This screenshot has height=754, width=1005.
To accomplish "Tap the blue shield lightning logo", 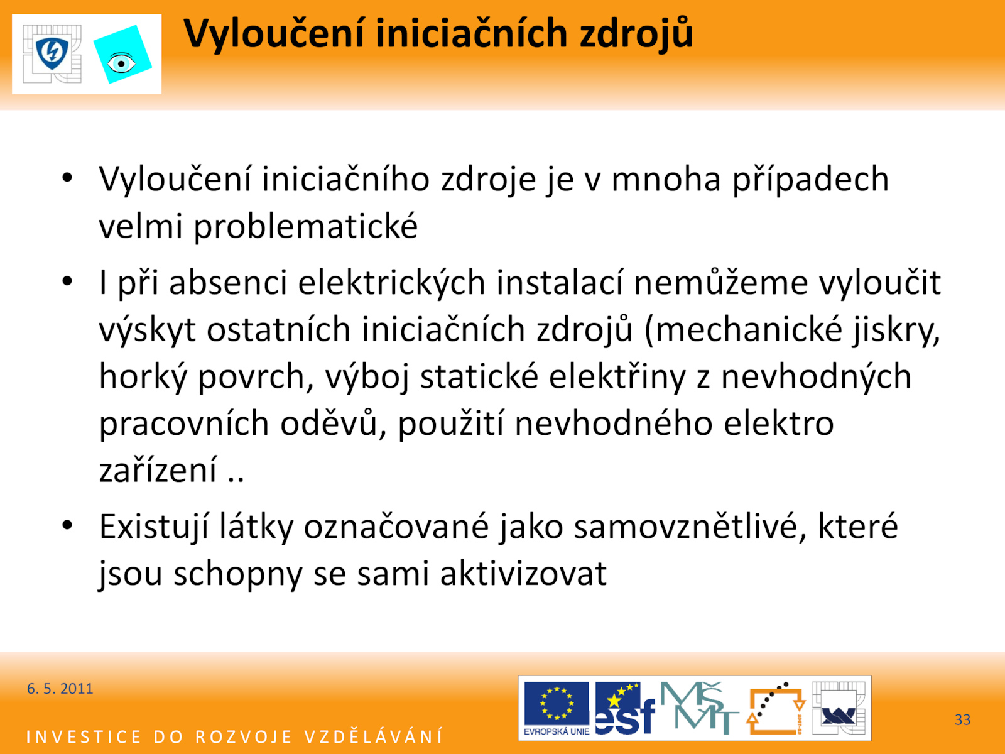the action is point(52,53).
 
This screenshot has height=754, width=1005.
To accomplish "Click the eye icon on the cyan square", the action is point(121,63).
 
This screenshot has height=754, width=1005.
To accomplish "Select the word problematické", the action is point(306,227).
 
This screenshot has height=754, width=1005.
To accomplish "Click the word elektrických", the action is point(392,283).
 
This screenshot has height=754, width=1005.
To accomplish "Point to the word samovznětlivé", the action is point(690,527).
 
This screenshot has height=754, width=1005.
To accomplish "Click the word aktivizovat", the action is point(523,573).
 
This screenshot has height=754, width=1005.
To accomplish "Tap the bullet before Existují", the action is point(67,525).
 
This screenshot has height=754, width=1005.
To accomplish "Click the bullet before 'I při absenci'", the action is point(67,281).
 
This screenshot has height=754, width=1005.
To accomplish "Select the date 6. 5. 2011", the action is point(60,689).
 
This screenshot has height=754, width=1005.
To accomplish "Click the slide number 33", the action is point(962,719).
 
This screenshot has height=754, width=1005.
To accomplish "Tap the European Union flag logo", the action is point(557,708).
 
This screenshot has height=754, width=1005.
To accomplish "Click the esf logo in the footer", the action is point(625,708).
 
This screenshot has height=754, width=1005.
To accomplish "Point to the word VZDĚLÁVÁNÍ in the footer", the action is point(374,736).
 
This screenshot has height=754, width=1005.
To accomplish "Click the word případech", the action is point(810,180).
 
